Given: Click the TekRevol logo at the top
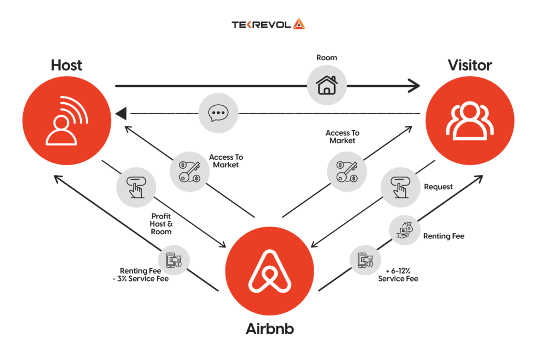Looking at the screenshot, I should click(x=268, y=24).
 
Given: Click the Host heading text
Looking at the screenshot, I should click(x=67, y=66).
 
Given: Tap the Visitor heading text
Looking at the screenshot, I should click(x=469, y=66).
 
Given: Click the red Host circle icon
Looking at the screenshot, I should click(x=67, y=120).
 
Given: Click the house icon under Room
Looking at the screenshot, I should click(x=327, y=84).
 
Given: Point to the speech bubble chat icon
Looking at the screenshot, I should click(x=218, y=113).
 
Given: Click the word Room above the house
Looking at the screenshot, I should click(x=326, y=58).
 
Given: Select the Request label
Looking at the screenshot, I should click(x=438, y=187).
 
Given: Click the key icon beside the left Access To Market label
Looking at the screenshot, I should click(x=189, y=170).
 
